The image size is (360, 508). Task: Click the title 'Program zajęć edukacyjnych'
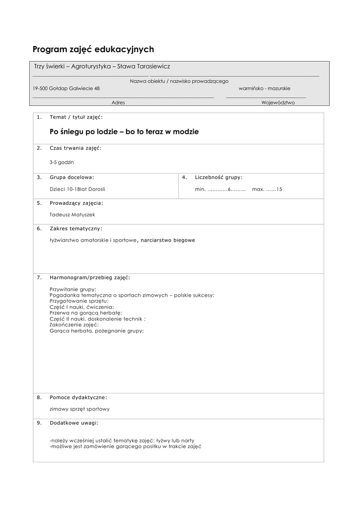tap(93, 49)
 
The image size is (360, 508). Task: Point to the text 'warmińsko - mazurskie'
tap(265, 88)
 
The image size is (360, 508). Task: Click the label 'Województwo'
tap(278, 103)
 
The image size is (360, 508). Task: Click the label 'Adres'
tap(118, 103)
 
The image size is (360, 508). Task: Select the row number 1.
tap(39, 117)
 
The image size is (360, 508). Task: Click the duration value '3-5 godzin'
tap(62, 162)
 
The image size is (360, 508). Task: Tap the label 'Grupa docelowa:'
tap(72, 177)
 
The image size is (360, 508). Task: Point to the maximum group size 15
tap(279, 189)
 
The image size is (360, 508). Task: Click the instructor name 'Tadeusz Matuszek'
tap(72, 215)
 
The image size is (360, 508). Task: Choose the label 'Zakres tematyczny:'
tap(76, 228)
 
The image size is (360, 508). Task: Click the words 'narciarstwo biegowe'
tap(168, 240)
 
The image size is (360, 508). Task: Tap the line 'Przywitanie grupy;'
tap(73, 289)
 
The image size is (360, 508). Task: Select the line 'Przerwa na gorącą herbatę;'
tap(85, 313)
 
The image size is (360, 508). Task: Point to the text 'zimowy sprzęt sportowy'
tap(79, 409)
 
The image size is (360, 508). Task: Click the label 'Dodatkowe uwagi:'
tap(74, 423)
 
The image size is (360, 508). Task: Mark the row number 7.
tap(39, 277)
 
